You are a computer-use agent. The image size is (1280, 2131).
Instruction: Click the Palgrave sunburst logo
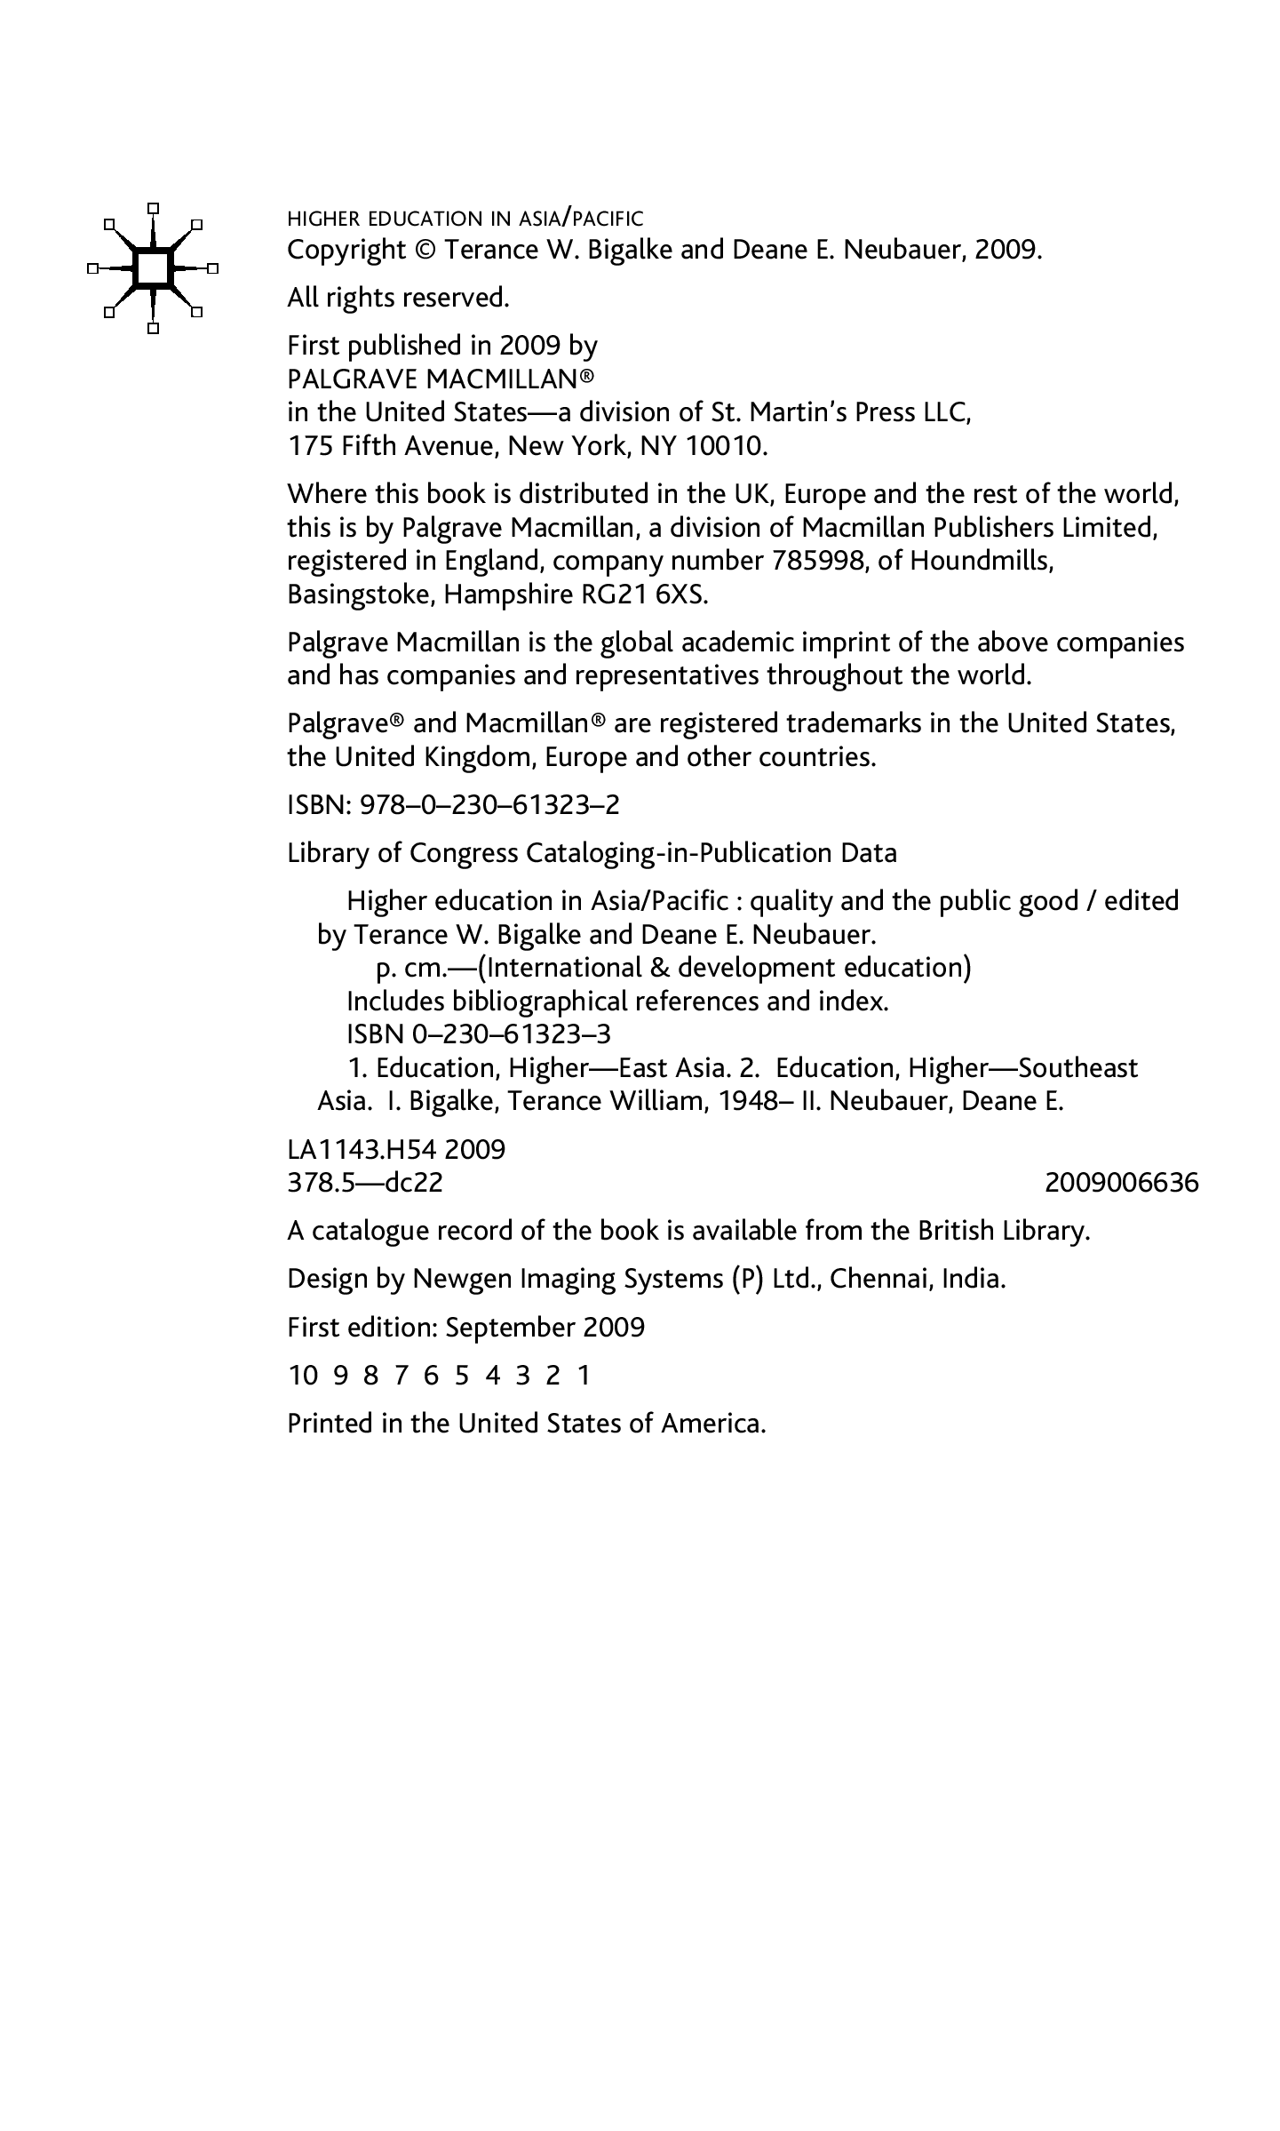click(153, 267)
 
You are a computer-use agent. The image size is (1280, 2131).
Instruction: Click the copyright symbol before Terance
click(425, 251)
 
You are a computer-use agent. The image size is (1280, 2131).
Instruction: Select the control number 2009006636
click(1121, 1184)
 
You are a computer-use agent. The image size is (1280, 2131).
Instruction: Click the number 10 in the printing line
click(303, 1376)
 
